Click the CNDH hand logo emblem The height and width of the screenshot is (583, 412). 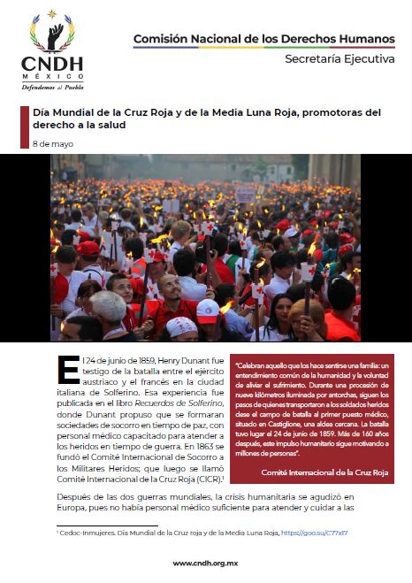tap(52, 34)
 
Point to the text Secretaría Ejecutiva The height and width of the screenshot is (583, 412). tap(340, 59)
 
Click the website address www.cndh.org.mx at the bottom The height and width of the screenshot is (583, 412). tap(205, 563)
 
